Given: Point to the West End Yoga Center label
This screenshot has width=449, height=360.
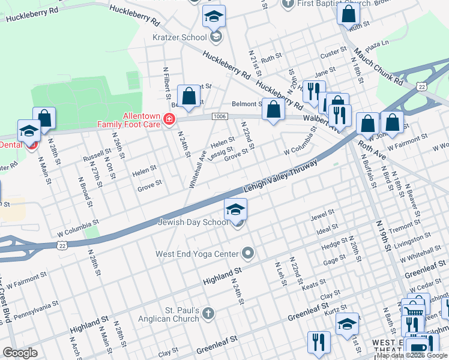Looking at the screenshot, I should click(197, 254).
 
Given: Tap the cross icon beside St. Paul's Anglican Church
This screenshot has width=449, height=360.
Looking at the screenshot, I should click(208, 313).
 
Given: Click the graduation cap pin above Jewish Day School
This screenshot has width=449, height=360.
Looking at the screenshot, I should click(236, 209).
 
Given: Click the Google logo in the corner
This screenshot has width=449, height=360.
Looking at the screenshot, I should click(20, 353).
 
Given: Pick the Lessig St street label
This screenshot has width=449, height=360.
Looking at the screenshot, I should click(221, 155).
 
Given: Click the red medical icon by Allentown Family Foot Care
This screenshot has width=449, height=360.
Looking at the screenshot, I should click(170, 120).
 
